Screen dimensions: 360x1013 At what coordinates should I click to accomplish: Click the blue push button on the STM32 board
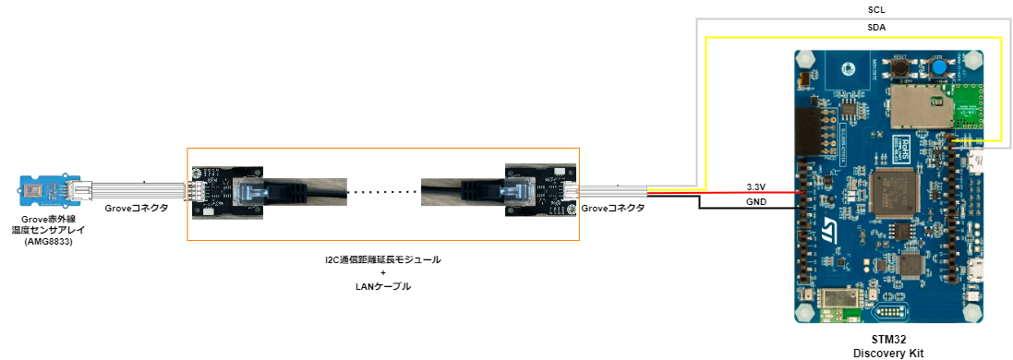pos(937,68)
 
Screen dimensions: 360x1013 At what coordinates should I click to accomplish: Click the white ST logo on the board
pos(832,224)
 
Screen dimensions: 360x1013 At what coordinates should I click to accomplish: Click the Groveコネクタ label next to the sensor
pos(136,209)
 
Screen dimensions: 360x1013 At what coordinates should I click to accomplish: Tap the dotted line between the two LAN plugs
pos(383,192)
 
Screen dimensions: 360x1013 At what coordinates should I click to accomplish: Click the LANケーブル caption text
pos(383,287)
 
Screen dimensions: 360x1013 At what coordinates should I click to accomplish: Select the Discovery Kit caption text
pos(887,353)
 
